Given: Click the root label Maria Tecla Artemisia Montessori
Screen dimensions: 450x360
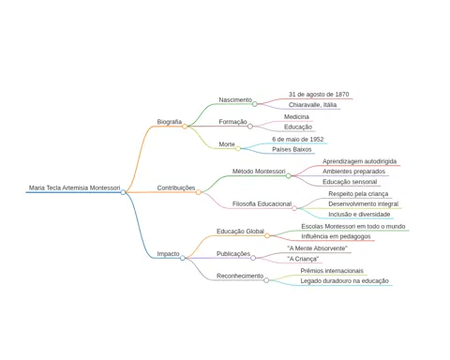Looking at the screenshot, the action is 74,187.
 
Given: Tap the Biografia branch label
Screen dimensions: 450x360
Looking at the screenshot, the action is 170,122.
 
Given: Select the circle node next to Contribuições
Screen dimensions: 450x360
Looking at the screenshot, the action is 199,192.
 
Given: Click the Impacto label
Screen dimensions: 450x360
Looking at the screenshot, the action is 168,254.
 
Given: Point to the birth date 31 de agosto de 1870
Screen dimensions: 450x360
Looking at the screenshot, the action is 319,95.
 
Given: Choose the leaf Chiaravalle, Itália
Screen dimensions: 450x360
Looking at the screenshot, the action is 312,105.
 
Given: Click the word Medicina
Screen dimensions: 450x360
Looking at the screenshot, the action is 296,116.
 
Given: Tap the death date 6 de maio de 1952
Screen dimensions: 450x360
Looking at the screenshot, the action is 298,140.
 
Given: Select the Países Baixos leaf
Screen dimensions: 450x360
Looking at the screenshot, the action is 292,149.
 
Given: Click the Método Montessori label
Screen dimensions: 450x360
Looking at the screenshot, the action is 259,172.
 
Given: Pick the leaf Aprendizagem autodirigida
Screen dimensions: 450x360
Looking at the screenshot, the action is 359,161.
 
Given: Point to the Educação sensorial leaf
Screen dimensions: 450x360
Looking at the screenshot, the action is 350,182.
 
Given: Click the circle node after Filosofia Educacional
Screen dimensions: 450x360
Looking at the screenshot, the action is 294,208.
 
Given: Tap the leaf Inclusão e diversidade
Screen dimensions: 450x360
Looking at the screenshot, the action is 359,215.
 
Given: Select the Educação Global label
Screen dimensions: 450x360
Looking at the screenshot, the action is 240,232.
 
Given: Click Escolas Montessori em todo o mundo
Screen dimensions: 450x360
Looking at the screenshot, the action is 353,226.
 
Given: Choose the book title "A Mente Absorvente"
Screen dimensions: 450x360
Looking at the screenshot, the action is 317,248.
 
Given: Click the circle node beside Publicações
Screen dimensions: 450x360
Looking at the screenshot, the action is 253,258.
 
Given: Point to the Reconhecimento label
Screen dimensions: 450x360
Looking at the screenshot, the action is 240,276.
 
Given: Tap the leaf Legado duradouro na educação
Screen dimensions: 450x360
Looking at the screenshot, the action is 345,281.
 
